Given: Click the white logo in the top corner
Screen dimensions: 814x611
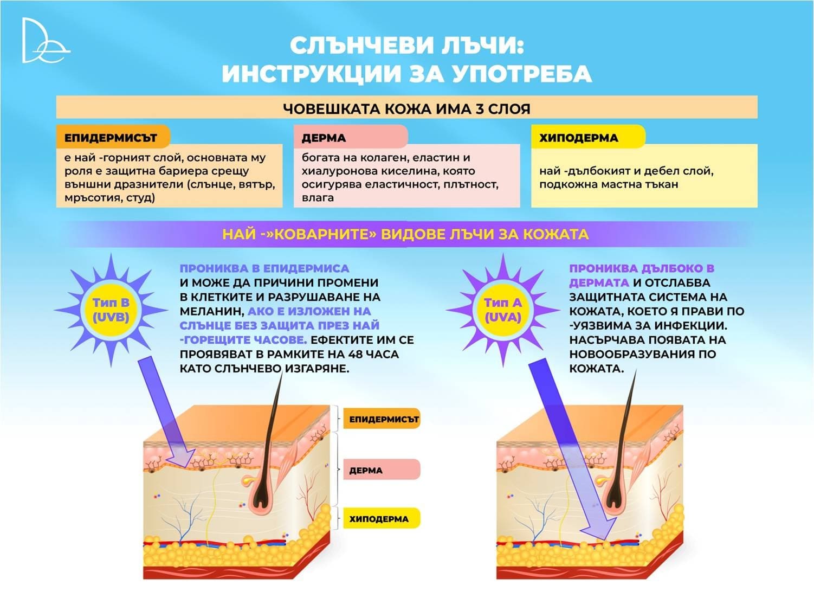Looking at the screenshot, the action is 46,41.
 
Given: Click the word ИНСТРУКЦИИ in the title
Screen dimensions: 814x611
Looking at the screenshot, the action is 312,73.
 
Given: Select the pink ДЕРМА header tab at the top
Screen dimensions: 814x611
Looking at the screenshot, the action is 351,137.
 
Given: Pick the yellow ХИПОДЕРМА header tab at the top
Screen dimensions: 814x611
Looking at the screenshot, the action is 588,137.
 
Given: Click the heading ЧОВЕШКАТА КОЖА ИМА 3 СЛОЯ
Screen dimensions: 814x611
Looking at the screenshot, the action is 406,108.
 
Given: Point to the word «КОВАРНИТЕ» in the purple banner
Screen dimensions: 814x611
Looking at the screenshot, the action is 321,234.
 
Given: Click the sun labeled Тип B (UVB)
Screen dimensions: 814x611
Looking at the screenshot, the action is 111,310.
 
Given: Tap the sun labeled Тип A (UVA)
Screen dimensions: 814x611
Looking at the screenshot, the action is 503,310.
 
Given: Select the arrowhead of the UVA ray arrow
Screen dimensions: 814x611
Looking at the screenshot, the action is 598,528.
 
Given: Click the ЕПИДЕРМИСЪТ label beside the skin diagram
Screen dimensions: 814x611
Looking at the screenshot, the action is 382,419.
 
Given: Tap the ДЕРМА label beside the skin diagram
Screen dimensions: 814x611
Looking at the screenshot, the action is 382,470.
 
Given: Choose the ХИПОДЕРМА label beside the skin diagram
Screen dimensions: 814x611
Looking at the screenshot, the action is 382,519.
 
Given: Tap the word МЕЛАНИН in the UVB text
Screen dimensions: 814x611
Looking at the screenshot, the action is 211,311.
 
